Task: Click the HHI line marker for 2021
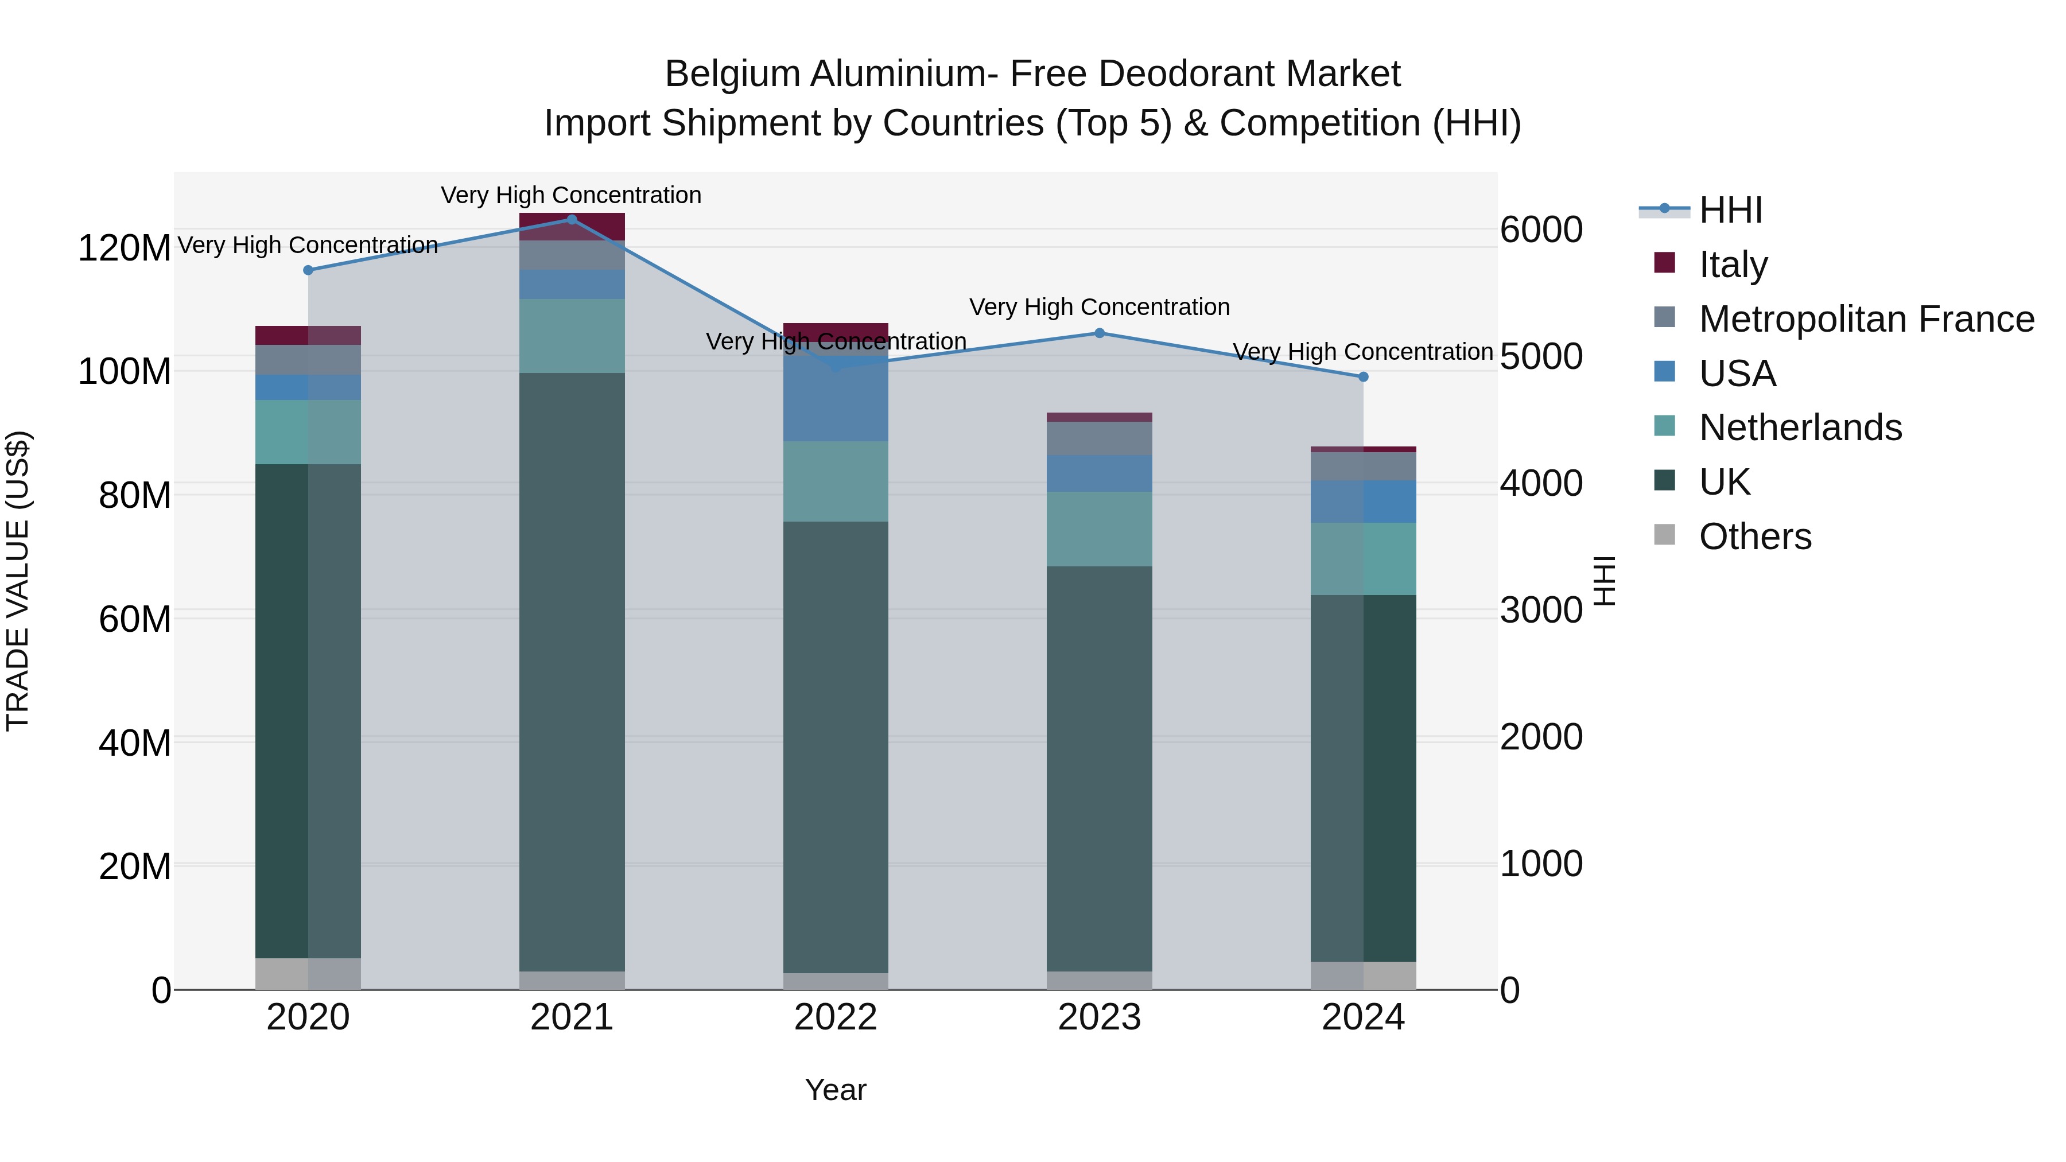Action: click(572, 219)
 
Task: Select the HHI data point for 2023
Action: click(1100, 333)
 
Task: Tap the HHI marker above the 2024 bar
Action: click(1362, 377)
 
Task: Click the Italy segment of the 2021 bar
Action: click(572, 226)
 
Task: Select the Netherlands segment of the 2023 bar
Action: click(1100, 528)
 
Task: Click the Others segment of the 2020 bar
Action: click(308, 974)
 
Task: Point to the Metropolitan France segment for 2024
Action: click(1362, 466)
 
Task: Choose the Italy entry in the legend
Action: click(1733, 265)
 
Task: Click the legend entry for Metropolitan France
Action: click(1866, 319)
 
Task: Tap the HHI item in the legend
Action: click(1730, 210)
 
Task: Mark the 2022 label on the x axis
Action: click(836, 1017)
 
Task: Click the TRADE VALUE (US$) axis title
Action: click(18, 581)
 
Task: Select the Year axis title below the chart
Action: click(836, 1090)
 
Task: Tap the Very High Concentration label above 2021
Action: click(571, 195)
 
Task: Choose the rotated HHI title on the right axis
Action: click(1603, 581)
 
